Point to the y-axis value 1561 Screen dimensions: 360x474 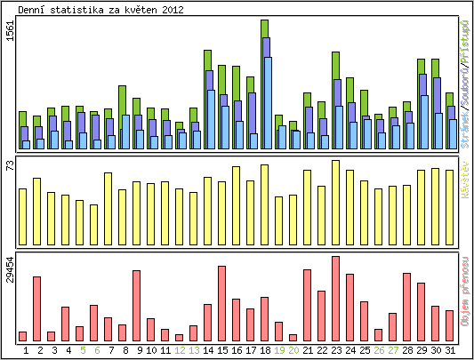pyautogui.click(x=10, y=31)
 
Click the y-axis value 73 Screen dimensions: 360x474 pyautogui.click(x=10, y=165)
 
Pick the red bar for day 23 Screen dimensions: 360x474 pyautogui.click(x=335, y=298)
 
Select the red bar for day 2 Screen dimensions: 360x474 pyautogui.click(x=37, y=308)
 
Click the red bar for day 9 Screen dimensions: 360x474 pyautogui.click(x=137, y=305)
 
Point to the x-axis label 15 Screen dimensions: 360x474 pyautogui.click(x=222, y=350)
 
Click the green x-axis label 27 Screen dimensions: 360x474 pyautogui.click(x=393, y=350)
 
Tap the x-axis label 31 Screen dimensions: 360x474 pyautogui.click(x=450, y=350)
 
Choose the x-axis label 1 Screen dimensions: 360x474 pyautogui.click(x=26, y=350)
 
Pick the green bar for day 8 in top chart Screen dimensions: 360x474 pyautogui.click(x=123, y=100)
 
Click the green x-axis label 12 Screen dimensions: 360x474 pyautogui.click(x=180, y=350)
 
